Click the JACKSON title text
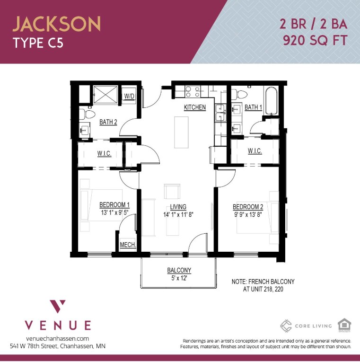pyautogui.click(x=56, y=24)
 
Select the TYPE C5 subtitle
pyautogui.click(x=38, y=44)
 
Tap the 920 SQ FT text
pyautogui.click(x=315, y=40)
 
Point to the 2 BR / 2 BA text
pyautogui.click(x=314, y=23)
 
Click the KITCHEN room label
pyautogui.click(x=195, y=107)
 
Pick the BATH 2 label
pyautogui.click(x=108, y=122)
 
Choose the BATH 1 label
pyautogui.click(x=253, y=107)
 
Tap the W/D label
pyautogui.click(x=129, y=97)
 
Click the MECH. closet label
pyautogui.click(x=128, y=245)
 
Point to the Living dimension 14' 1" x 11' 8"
pyautogui.click(x=178, y=214)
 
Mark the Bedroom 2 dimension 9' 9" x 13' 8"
pyautogui.click(x=248, y=214)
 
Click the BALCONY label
pyautogui.click(x=179, y=270)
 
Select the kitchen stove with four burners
pyautogui.click(x=193, y=91)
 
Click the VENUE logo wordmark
pyautogui.click(x=58, y=325)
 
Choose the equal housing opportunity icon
pyautogui.click(x=344, y=325)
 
